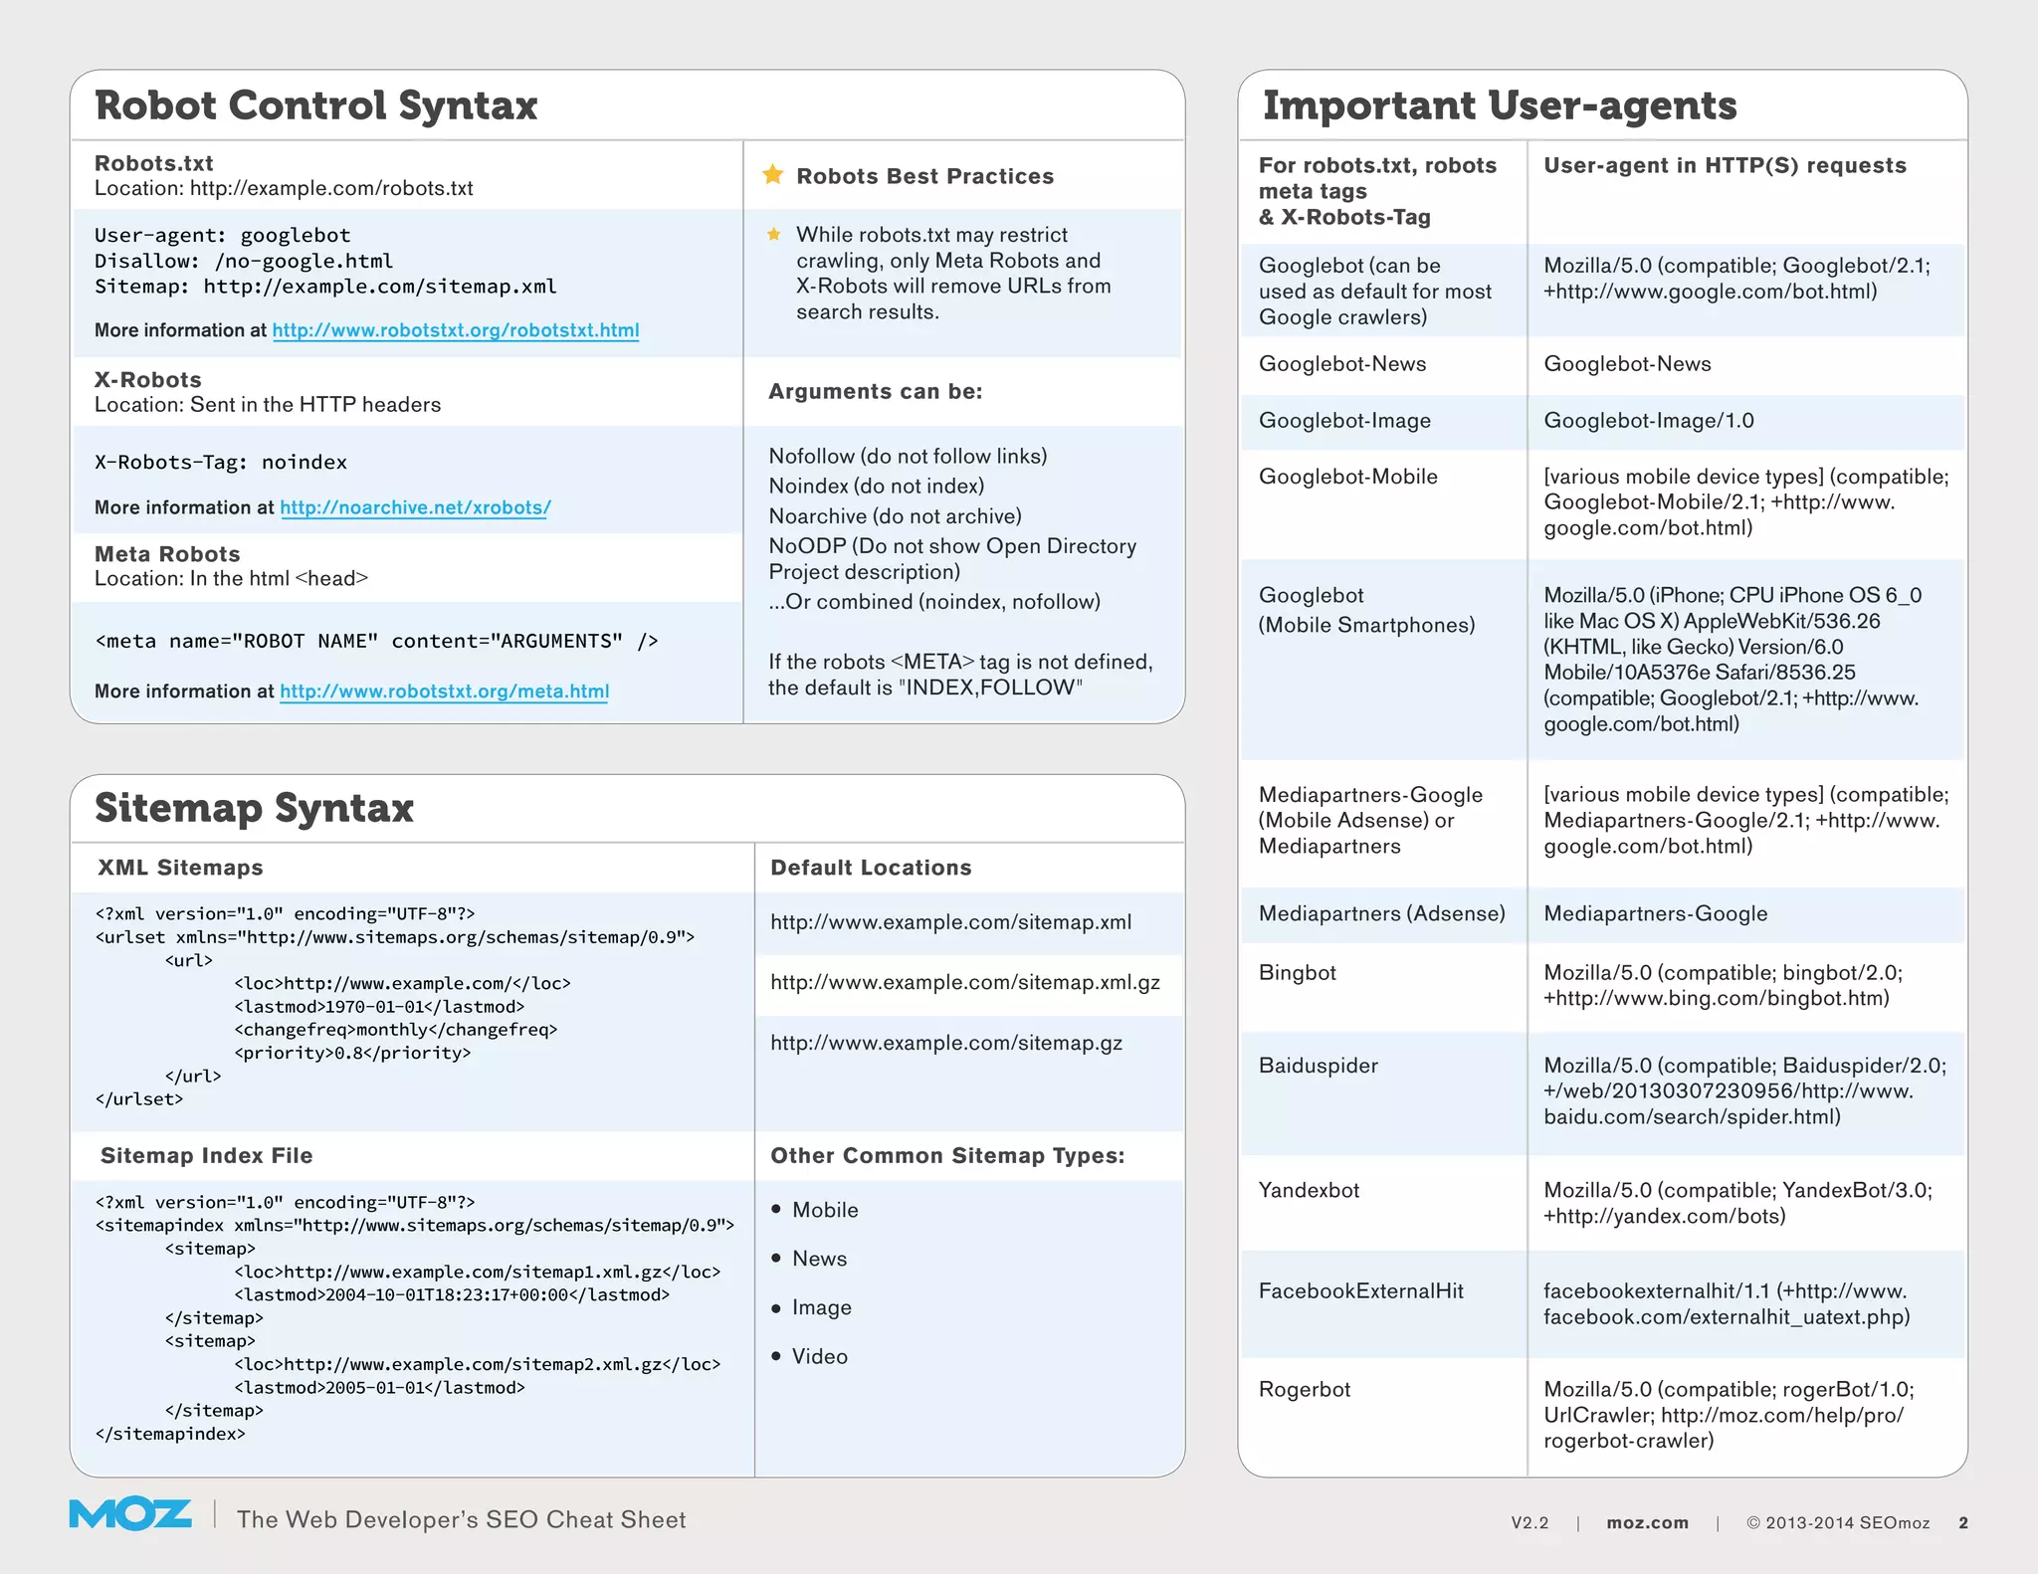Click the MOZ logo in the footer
pyautogui.click(x=129, y=1514)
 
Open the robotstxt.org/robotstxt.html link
pyautogui.click(x=456, y=330)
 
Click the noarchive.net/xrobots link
pyautogui.click(x=415, y=507)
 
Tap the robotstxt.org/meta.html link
pyautogui.click(x=444, y=691)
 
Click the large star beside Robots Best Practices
pyautogui.click(x=772, y=175)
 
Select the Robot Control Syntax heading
pyautogui.click(x=315, y=105)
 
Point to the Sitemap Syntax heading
pyautogui.click(x=254, y=808)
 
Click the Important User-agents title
pyautogui.click(x=1499, y=105)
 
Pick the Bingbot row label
pyautogui.click(x=1297, y=973)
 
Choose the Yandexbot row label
pyautogui.click(x=1309, y=1190)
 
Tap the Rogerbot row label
pyautogui.click(x=1304, y=1389)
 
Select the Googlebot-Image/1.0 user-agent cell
pyautogui.click(x=1648, y=421)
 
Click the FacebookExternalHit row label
pyautogui.click(x=1360, y=1291)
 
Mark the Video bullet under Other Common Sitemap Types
pyautogui.click(x=819, y=1357)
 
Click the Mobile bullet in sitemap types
pyautogui.click(x=824, y=1210)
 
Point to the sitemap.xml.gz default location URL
pyautogui.click(x=964, y=983)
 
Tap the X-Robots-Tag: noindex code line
pyautogui.click(x=221, y=463)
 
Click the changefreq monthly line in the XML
pyautogui.click(x=395, y=1030)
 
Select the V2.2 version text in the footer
pyautogui.click(x=1529, y=1523)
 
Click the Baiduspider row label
pyautogui.click(x=1318, y=1066)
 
